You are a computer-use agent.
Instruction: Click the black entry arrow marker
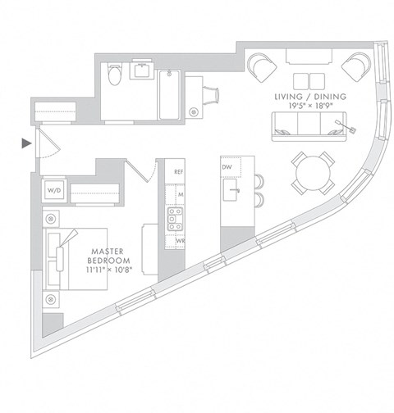point(26,145)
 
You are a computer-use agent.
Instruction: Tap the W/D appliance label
point(54,190)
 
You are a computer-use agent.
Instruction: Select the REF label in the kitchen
point(178,172)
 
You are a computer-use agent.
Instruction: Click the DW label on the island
point(227,167)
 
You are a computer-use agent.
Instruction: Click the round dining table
point(312,172)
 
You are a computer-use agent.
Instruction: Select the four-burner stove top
point(174,217)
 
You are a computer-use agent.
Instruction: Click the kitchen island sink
point(234,193)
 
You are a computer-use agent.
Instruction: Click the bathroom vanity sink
point(143,70)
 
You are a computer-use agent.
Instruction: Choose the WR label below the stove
point(178,242)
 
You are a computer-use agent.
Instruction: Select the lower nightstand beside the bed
point(52,297)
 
